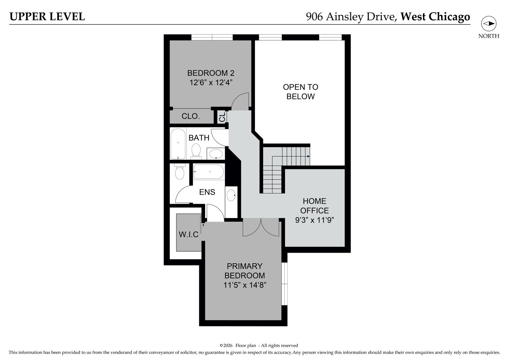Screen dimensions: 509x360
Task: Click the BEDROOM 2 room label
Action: pos(211,73)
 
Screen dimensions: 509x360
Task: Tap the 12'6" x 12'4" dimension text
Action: pos(211,82)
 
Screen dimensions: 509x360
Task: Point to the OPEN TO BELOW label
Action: pos(300,92)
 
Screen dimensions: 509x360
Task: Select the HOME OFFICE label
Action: pos(314,206)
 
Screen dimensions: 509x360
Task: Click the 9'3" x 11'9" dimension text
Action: pos(314,220)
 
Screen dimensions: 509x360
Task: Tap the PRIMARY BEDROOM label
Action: pos(245,271)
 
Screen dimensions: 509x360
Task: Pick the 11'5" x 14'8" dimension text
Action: pos(245,285)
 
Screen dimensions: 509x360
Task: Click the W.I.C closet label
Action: pos(189,235)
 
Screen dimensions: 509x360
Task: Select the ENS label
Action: pos(207,192)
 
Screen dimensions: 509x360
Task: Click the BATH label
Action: pos(199,138)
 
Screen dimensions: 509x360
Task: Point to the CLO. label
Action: pos(191,116)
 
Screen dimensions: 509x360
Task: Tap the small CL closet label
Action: pos(222,117)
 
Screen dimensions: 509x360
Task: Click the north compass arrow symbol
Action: pos(489,24)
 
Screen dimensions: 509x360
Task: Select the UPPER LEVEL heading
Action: pos(47,17)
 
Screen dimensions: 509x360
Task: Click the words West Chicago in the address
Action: pos(435,17)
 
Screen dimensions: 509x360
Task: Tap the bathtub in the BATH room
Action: pos(178,144)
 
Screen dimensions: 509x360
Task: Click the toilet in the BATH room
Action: pos(196,150)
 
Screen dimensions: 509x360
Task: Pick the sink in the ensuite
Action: pos(231,195)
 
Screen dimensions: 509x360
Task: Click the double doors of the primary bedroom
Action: pos(261,227)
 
